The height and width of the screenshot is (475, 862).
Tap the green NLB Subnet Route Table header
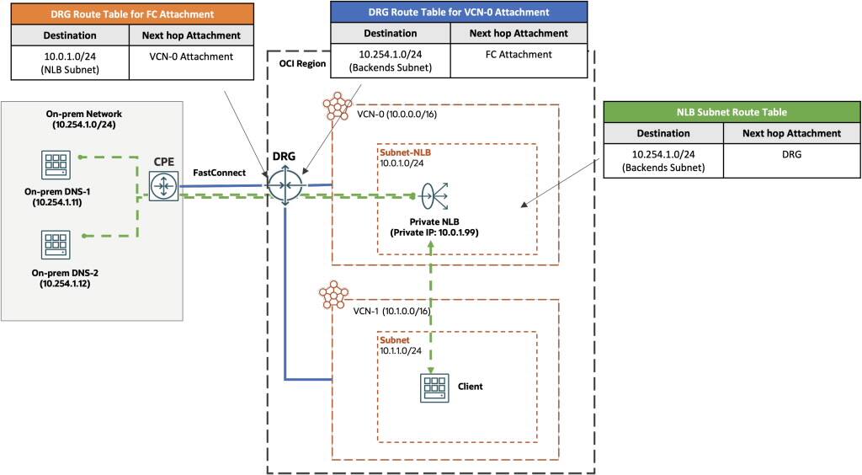tap(732, 111)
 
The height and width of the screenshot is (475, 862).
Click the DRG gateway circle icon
tap(285, 185)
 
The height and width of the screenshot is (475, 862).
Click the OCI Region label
tap(302, 63)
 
